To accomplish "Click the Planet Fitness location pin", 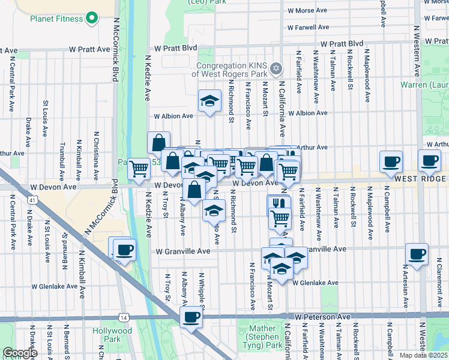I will click(91, 19).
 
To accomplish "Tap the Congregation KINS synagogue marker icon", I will click(276, 67).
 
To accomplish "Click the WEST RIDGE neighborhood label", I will click(420, 179).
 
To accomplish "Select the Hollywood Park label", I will click(112, 335).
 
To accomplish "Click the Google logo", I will click(20, 353).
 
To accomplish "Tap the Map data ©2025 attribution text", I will click(423, 355).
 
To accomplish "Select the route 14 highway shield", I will click(122, 316).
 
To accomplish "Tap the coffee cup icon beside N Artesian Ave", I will click(417, 253).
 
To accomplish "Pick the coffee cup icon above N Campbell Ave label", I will click(391, 161).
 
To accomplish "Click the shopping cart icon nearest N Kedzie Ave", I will click(139, 169).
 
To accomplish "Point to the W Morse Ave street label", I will click(307, 11).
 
